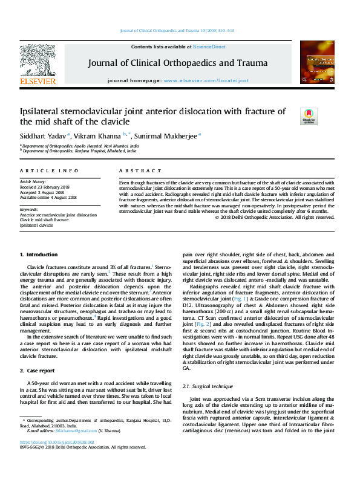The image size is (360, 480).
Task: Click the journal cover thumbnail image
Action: click(317, 63)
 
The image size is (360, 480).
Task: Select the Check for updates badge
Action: click(309, 115)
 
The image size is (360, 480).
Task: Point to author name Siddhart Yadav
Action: click(43, 135)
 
